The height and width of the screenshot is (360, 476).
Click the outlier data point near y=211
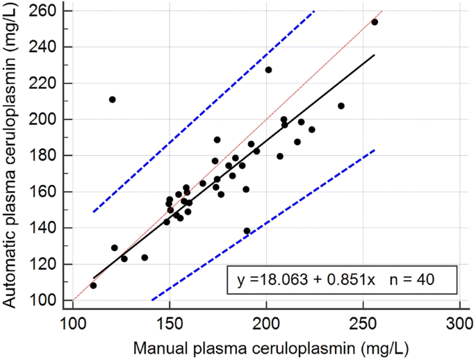[112, 99]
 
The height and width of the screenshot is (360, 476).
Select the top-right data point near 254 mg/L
[375, 22]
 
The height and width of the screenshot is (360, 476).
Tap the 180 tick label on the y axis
[49, 156]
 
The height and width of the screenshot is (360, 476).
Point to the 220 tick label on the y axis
[49, 83]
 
